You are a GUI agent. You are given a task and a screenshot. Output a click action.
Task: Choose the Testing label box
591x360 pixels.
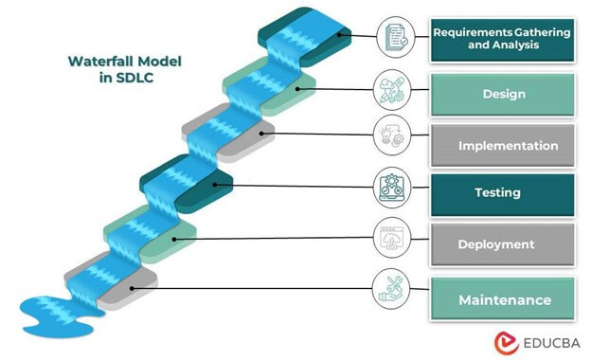(502, 192)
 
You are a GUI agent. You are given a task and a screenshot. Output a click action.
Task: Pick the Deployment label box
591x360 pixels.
(502, 244)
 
